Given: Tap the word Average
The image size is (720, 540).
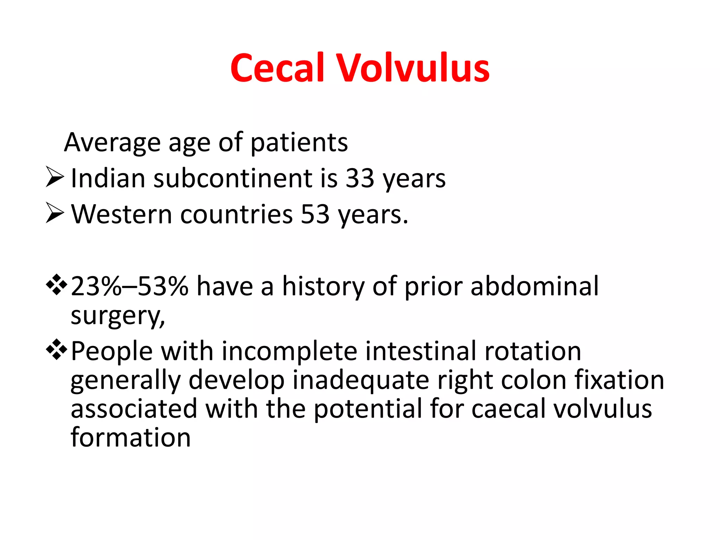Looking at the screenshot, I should point(112,142).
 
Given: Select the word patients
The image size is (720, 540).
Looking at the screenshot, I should point(299,143).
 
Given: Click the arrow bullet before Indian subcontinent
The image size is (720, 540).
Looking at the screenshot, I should point(55,177).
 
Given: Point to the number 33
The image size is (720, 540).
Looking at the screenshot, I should point(360,178).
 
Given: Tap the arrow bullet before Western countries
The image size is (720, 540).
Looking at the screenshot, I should point(55,213).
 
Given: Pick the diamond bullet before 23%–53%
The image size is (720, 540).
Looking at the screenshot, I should point(56,284).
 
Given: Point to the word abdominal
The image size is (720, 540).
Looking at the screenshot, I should point(534,286).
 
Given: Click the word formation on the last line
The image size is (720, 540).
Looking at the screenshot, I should point(130,437).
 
